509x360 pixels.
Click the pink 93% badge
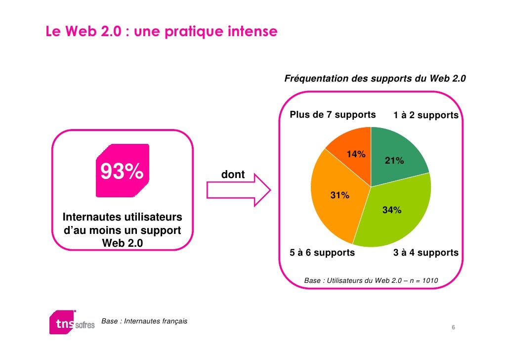(123, 171)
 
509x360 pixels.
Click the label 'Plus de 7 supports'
(333, 115)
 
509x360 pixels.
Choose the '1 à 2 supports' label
(426, 115)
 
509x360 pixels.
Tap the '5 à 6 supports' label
(322, 253)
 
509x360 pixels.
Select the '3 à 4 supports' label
(426, 253)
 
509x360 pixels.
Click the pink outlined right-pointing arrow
(239, 190)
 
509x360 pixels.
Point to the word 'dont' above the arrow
(233, 175)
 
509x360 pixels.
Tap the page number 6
(453, 327)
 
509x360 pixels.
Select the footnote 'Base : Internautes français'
(144, 321)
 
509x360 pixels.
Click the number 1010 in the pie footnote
(430, 280)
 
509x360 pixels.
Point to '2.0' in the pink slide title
(111, 32)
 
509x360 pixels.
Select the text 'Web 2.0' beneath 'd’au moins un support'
(123, 243)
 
